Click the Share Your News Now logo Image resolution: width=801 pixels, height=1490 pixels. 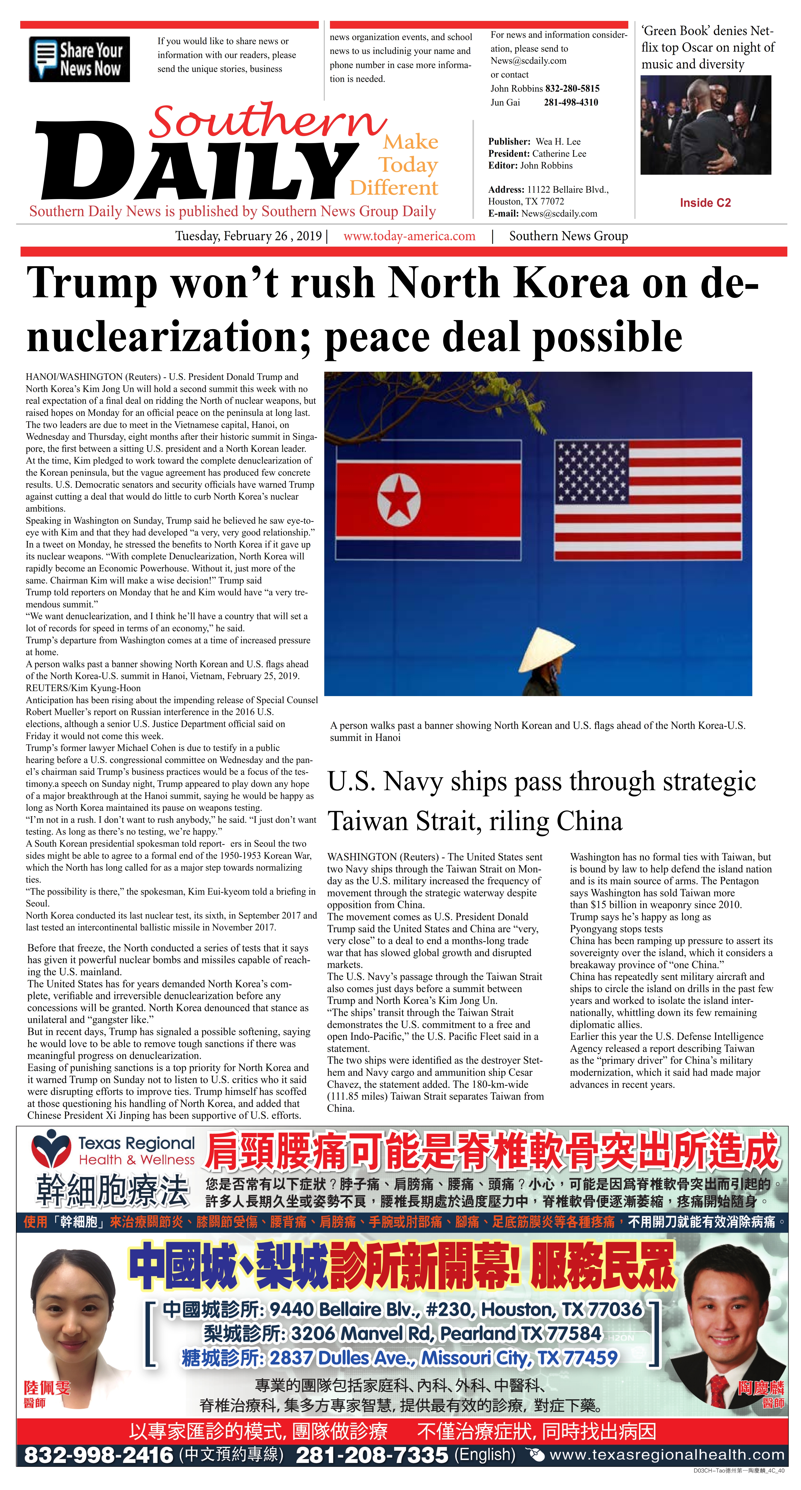pos(79,59)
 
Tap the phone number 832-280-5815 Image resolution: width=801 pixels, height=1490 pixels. pos(572,88)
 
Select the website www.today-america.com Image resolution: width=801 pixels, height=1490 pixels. pos(409,236)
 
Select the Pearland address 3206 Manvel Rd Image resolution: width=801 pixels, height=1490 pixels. pos(446,1334)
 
